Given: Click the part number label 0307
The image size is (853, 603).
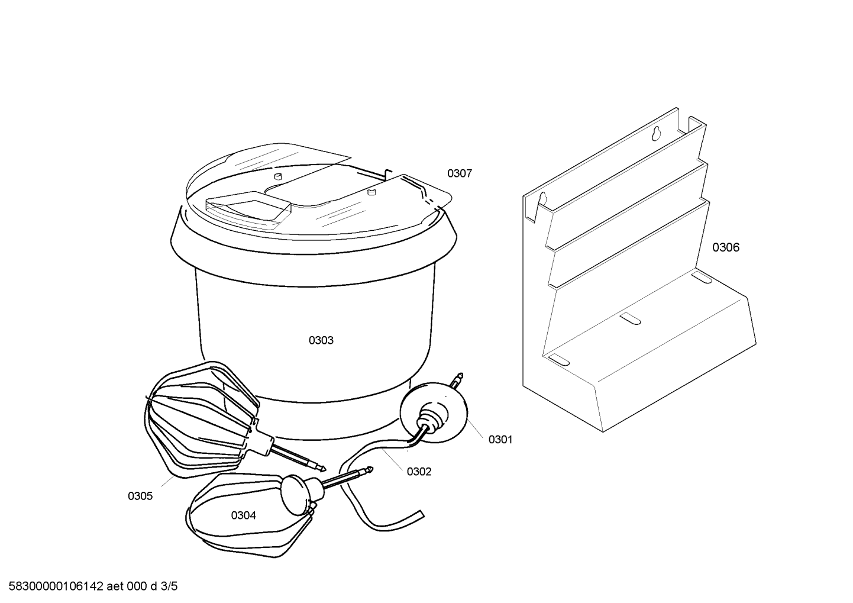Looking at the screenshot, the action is [x=459, y=174].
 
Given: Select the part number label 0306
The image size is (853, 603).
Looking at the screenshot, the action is [x=725, y=247].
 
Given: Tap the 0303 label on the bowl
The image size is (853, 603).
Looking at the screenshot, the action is [x=321, y=340].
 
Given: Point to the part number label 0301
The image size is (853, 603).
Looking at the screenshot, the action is [x=500, y=440].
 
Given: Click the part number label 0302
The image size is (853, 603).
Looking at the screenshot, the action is [x=419, y=472].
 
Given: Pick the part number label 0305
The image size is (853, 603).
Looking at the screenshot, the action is [x=140, y=496].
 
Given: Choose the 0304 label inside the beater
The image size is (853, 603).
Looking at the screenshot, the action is [x=243, y=515].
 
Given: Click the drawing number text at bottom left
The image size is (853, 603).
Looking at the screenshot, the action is [x=93, y=586].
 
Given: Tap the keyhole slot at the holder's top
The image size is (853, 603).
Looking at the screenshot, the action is [x=656, y=134].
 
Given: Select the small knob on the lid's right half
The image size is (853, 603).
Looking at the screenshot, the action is [x=371, y=192].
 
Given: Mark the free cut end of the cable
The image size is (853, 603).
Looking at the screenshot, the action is [x=422, y=514].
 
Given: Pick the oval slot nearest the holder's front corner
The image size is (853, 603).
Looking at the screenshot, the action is [x=558, y=359].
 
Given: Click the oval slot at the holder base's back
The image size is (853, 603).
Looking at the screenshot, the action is [x=701, y=278].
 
